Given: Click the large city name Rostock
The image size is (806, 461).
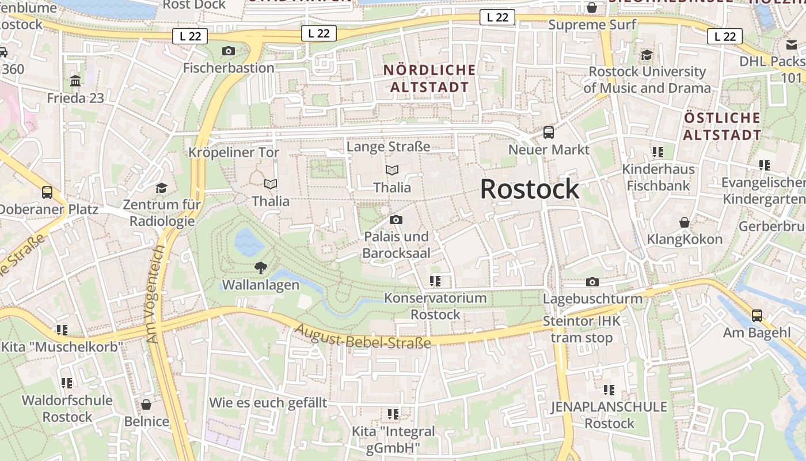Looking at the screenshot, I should point(530,189).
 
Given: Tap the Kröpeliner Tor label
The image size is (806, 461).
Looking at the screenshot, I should point(234,153).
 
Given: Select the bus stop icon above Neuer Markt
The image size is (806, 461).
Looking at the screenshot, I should point(549,133).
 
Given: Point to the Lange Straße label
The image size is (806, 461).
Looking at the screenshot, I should point(388,147).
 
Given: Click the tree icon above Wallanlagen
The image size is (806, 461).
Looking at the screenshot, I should point(261,267).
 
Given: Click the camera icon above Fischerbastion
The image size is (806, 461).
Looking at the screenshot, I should point(229,51).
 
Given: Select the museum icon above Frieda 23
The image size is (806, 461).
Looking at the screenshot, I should point(75,81).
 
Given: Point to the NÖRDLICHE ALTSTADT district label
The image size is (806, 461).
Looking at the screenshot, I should point(429,79).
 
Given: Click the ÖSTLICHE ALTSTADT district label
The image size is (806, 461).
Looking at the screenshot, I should point(723,127).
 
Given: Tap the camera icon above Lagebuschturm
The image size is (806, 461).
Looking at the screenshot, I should point(592,282).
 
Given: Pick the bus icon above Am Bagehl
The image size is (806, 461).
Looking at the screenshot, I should point(757,316).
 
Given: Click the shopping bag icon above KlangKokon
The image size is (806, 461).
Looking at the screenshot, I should point(685,222).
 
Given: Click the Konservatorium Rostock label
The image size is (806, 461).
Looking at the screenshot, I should point(435,307).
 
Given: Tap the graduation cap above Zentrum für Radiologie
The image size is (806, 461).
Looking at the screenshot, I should point(161,188).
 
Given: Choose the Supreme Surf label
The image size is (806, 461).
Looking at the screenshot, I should point(592,25).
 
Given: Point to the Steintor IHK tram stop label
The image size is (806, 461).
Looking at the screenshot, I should point(581,329).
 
